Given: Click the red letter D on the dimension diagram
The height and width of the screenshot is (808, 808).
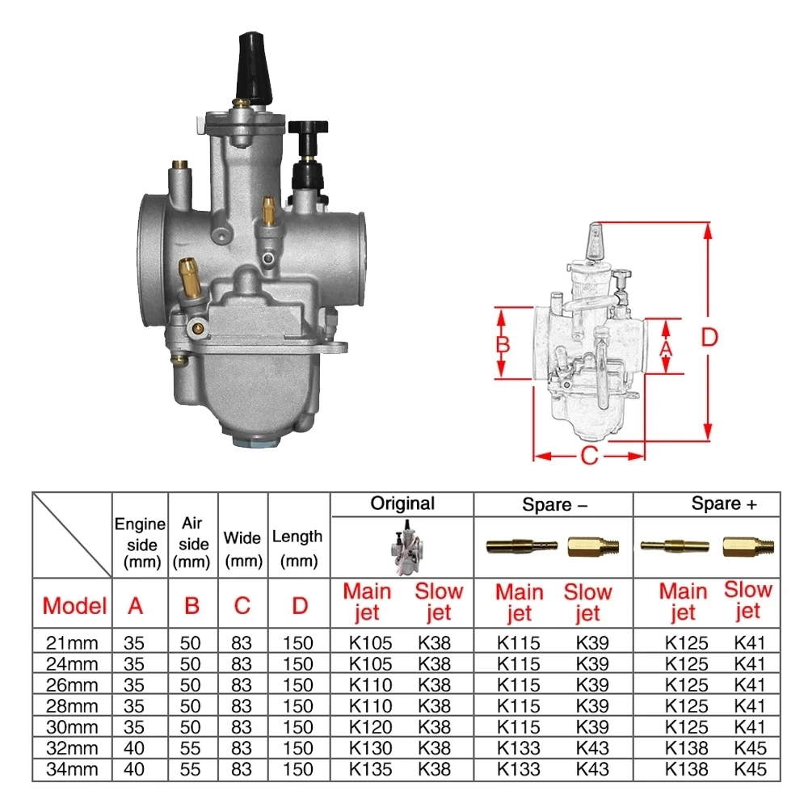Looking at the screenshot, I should pos(709,338).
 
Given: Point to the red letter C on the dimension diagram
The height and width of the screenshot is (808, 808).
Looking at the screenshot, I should pos(590,456).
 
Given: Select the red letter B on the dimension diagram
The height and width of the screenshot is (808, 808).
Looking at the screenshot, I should pos(503,343).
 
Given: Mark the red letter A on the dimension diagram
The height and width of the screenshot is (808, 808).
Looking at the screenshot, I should pos(666,347).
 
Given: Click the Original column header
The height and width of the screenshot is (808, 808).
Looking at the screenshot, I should pos(402,503).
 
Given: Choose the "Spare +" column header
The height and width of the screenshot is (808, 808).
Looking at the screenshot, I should pos(724,504).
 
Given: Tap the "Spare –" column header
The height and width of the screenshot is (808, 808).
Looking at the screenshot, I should pos(553,505).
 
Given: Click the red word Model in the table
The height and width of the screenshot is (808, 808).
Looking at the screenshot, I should pos(74,605).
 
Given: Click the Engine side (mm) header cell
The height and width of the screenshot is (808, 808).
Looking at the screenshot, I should pos(140,543).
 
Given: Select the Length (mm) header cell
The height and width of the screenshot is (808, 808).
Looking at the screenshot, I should pos(297,547).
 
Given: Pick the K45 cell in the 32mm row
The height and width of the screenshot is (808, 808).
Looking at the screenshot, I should pos(749,748).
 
